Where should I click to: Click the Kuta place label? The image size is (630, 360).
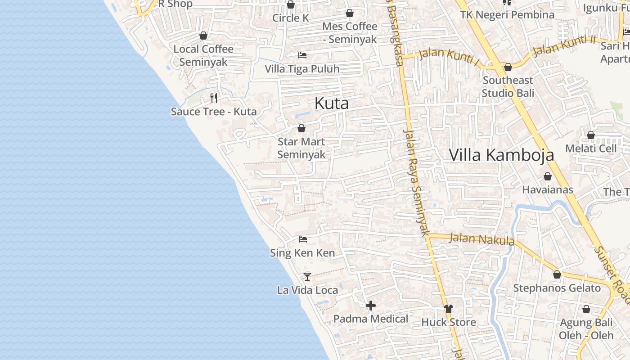[332, 103]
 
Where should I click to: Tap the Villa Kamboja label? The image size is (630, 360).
[501, 155]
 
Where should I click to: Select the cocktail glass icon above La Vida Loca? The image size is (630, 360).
[307, 276]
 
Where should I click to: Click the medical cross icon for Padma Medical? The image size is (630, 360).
[371, 306]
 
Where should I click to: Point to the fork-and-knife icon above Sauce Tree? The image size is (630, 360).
[214, 98]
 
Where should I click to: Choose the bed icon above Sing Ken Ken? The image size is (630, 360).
[303, 239]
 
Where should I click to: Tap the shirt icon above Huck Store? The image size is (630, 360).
[449, 309]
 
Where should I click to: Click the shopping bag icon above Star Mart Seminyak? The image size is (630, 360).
[301, 129]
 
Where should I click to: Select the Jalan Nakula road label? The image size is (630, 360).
[482, 239]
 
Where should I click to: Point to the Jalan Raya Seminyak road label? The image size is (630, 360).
[415, 182]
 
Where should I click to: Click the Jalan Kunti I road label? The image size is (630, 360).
[449, 56]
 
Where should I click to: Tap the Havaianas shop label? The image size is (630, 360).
[548, 189]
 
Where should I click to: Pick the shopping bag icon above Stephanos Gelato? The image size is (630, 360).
[557, 274]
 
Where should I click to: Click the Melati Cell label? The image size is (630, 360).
[591, 148]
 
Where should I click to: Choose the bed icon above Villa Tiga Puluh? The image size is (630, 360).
[302, 55]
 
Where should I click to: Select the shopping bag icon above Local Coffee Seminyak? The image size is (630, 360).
[203, 36]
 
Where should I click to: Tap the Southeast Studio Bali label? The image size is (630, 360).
[508, 86]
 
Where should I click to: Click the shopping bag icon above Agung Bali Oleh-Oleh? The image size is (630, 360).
[586, 310]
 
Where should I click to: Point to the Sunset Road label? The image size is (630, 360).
[612, 274]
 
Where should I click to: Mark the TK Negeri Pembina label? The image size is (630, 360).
[507, 14]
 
